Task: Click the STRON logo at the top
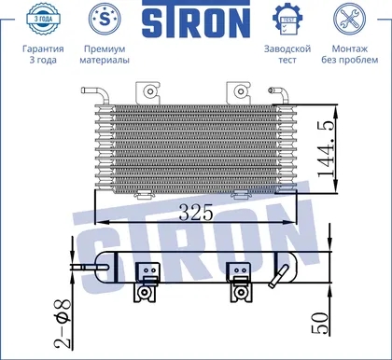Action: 196,20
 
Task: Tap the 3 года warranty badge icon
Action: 43,19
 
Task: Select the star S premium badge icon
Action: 105,19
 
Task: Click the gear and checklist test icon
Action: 287,19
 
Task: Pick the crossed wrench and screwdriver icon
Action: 349,19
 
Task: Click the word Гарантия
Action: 43,48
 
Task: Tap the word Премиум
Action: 105,48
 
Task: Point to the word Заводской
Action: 287,48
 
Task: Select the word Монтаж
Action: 350,48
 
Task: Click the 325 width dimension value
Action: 196,212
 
